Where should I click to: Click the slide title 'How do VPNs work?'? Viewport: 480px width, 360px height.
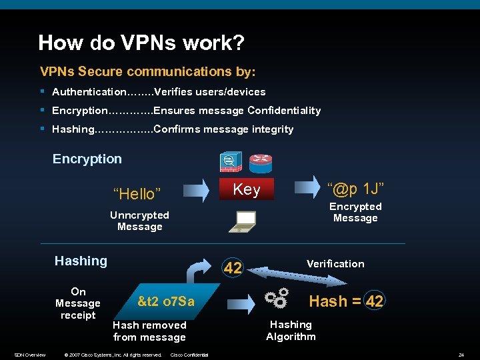[141, 43]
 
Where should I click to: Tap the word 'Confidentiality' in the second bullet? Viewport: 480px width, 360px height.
[284, 111]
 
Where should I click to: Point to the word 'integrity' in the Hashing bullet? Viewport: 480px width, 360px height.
[273, 129]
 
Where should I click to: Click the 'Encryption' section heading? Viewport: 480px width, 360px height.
[87, 159]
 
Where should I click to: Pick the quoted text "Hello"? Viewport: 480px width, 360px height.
[137, 194]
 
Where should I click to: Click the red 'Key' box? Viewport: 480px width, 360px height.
[246, 189]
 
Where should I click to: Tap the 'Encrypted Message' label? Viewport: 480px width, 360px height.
[355, 213]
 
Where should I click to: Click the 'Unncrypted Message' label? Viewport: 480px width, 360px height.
[139, 221]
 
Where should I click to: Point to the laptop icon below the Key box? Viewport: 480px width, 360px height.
[245, 221]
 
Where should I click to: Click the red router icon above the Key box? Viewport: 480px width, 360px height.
[261, 163]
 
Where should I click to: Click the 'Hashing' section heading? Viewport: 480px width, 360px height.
[81, 261]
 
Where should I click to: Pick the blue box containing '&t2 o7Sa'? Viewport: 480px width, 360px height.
[166, 301]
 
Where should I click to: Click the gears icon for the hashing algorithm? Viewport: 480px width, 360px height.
[277, 297]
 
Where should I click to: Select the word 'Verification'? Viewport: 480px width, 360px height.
[335, 264]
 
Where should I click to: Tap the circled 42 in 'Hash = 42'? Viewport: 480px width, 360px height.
[375, 301]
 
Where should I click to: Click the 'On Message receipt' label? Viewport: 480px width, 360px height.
[78, 303]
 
